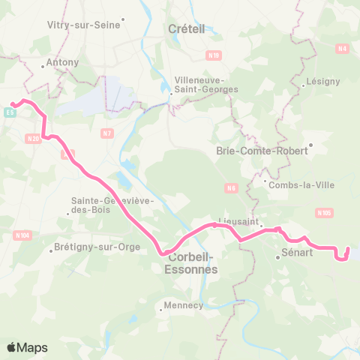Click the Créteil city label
184,28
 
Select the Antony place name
58,62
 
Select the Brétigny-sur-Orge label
88,247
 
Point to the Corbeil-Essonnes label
190,262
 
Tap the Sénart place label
296,255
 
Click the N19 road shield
215,55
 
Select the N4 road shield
343,49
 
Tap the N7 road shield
107,133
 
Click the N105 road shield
324,213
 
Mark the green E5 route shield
10,112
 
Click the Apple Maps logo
27,347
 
